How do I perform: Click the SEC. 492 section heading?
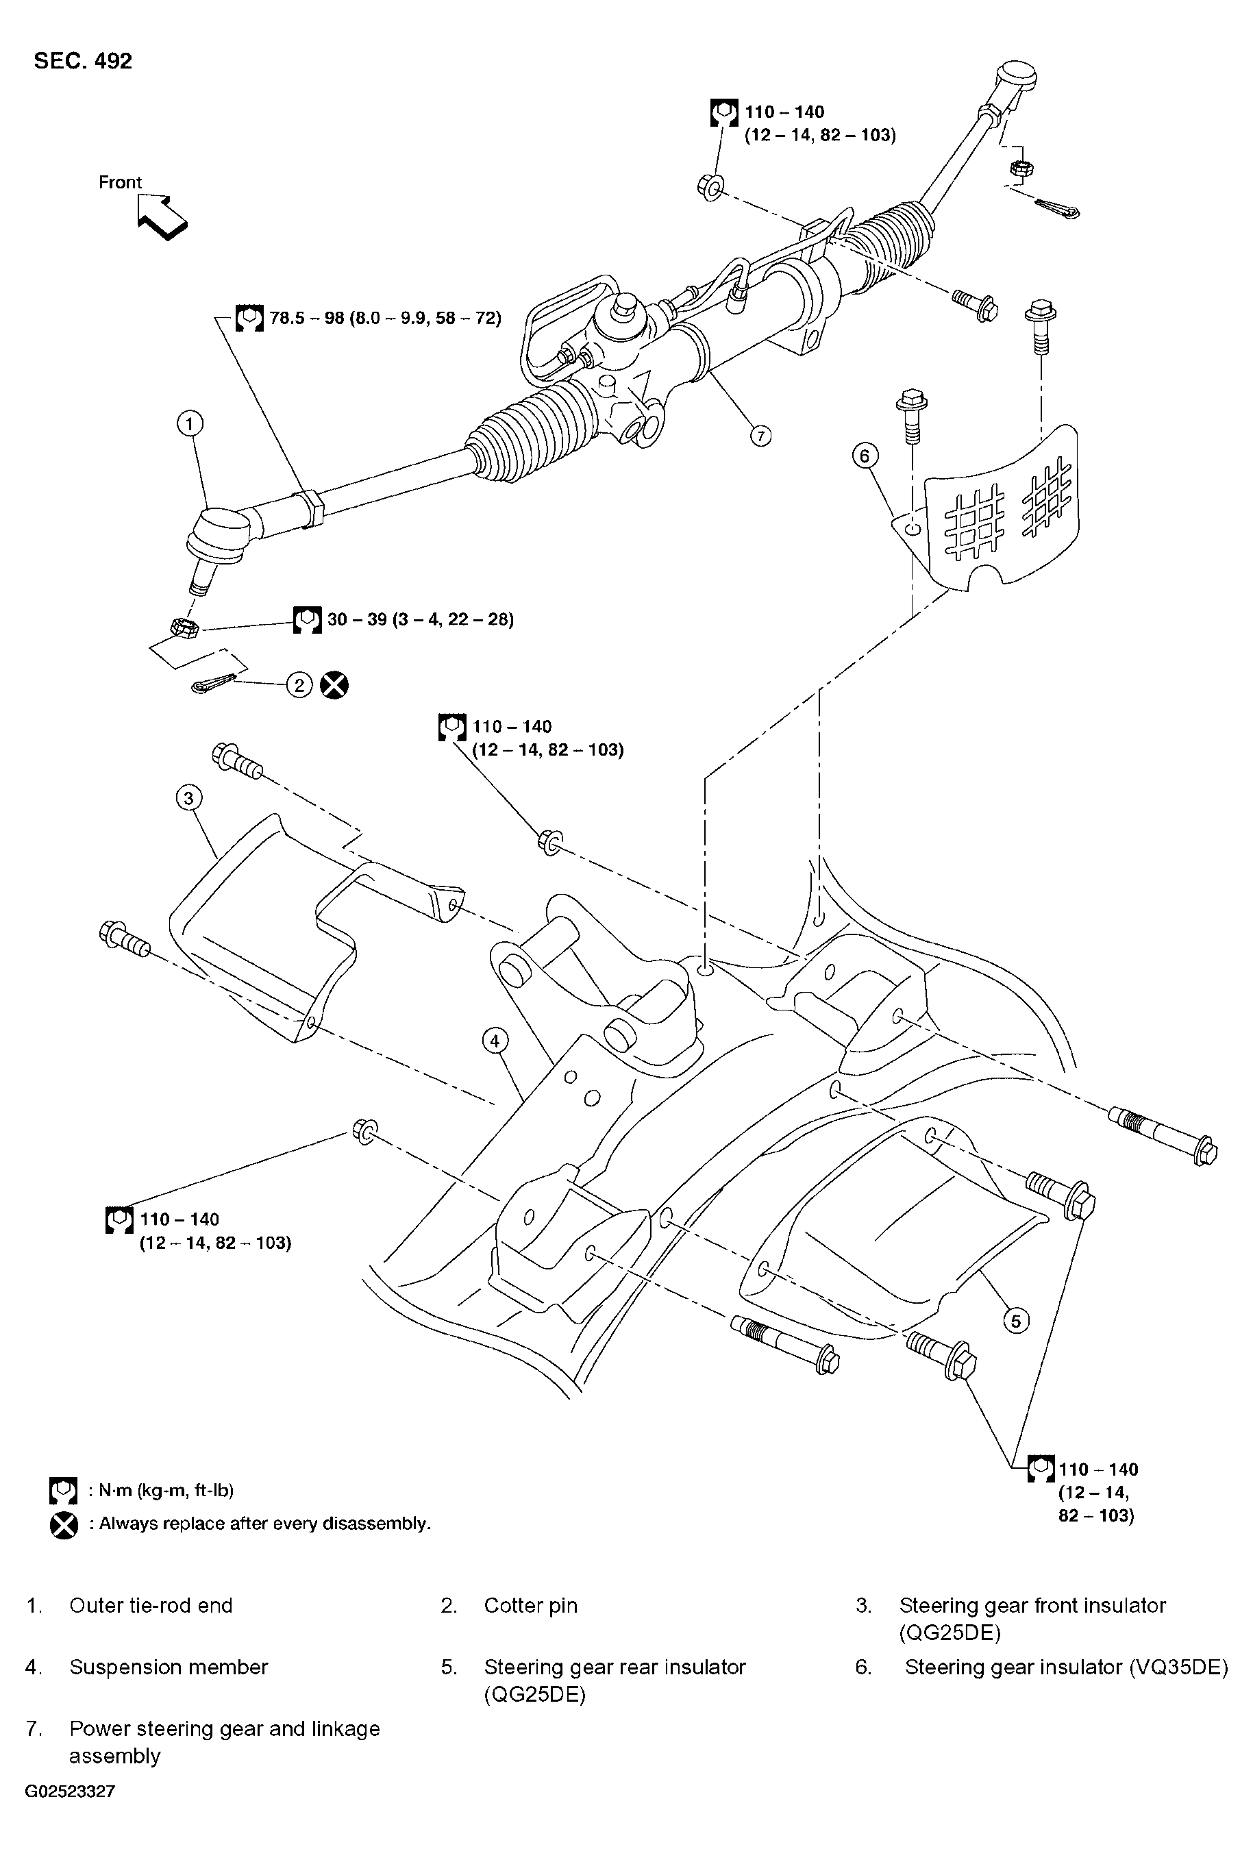83,60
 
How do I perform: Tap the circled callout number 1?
189,424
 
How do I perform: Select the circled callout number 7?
760,435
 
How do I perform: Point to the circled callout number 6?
865,456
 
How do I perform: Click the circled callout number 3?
188,797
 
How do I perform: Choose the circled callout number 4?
495,1040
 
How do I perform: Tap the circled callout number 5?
1016,1321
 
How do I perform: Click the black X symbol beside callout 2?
334,685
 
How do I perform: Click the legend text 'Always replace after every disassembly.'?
260,1523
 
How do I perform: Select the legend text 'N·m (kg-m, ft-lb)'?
161,1490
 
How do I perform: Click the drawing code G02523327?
70,1791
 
